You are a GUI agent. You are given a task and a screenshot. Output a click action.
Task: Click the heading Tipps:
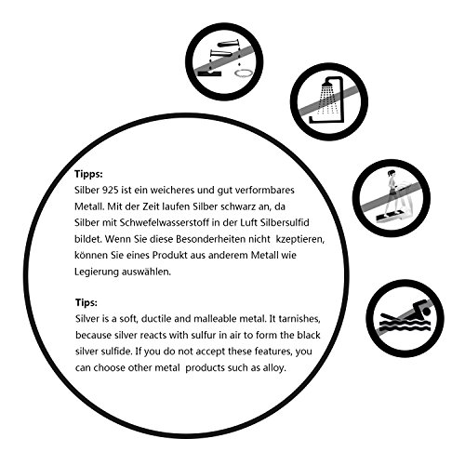pos(88,174)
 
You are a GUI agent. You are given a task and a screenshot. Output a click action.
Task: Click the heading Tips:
pos(86,302)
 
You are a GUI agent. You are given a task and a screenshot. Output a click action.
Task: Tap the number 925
pos(110,190)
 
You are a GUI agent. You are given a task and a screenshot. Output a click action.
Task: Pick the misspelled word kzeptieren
pos(300,240)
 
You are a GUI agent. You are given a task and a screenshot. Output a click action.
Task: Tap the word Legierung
pos(97,272)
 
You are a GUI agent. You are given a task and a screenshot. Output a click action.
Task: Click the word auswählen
pos(146,272)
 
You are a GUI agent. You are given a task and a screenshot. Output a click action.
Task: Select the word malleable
pos(217,319)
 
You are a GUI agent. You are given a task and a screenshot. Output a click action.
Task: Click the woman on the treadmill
pos(391,193)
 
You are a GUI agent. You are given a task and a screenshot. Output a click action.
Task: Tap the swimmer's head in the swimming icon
pos(427,311)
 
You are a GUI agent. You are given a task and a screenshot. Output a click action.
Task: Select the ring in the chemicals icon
pos(244,73)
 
